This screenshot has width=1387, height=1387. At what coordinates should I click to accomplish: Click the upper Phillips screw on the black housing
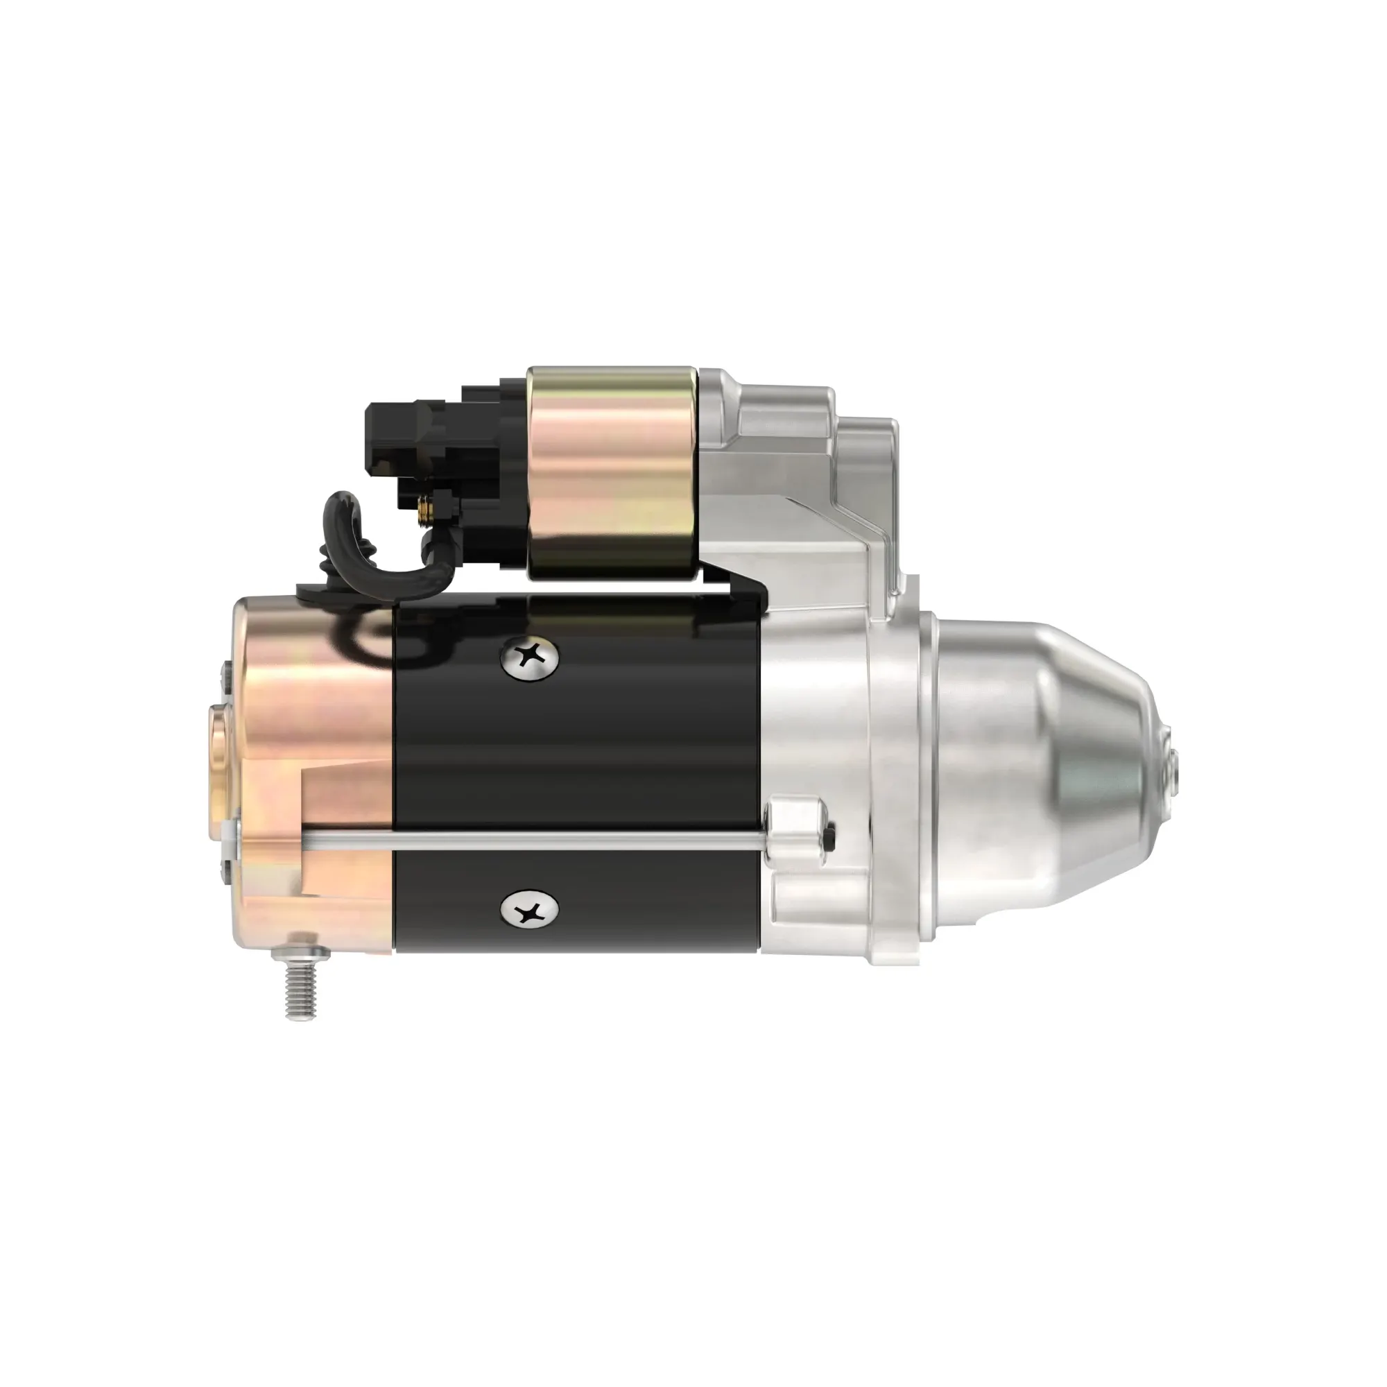(x=530, y=657)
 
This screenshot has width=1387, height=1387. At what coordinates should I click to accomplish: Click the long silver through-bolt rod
(x=531, y=837)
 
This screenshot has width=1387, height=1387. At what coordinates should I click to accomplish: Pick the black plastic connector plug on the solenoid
(x=402, y=438)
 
